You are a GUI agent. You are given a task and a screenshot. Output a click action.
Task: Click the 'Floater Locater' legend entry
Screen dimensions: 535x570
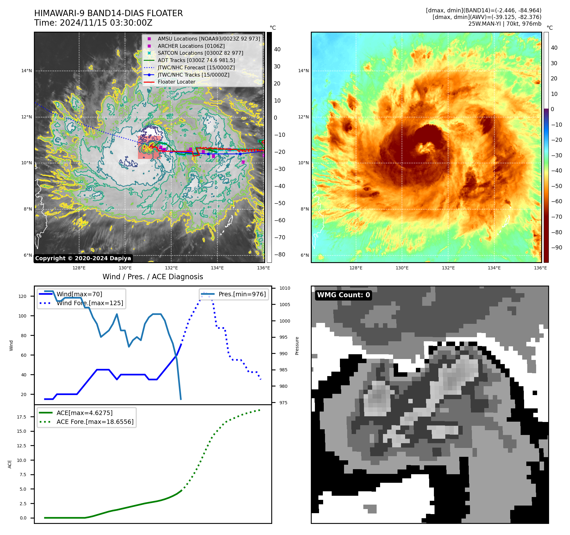pos(176,82)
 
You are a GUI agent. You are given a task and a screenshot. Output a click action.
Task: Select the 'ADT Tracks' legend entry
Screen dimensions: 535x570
pos(196,60)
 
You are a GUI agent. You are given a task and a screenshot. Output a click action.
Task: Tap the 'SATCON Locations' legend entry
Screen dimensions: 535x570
pos(200,53)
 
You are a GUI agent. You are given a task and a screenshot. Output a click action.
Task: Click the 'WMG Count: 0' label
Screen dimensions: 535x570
pos(343,295)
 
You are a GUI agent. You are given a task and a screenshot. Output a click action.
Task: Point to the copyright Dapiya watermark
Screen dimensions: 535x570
pos(83,258)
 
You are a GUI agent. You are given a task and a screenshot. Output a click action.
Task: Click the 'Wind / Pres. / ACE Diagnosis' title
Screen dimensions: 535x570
pos(153,277)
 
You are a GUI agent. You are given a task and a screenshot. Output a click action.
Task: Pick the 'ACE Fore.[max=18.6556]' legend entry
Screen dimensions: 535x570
pos(95,422)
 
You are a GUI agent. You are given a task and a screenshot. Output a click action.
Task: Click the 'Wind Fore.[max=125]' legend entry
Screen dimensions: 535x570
pos(90,303)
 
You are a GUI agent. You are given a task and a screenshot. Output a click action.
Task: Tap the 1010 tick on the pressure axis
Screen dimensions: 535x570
pos(285,288)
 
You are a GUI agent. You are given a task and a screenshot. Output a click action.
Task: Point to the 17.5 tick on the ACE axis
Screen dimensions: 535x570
pos(22,417)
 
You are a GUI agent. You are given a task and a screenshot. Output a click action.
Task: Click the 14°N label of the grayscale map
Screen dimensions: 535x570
pos(27,71)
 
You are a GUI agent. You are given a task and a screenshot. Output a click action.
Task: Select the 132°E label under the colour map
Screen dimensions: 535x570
pos(448,268)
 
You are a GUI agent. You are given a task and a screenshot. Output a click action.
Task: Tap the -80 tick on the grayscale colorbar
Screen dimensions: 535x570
pos(279,255)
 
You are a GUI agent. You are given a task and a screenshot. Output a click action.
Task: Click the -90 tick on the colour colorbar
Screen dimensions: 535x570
pos(556,248)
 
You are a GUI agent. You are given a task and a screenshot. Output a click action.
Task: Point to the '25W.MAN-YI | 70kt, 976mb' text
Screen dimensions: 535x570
pos(504,24)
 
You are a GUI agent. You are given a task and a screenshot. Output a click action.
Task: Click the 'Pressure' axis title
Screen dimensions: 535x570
pos(297,346)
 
